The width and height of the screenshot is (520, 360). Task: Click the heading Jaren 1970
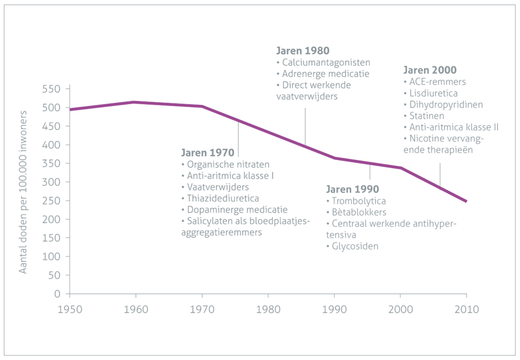208,153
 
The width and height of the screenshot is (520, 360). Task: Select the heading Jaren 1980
303,51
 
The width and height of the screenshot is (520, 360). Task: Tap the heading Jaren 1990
352,189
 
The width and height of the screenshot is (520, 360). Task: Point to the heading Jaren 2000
430,70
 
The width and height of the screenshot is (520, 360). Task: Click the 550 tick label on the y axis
51,89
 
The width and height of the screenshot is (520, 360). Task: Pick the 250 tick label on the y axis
51,201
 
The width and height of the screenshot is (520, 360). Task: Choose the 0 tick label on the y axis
58,294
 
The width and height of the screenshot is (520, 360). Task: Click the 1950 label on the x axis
70,309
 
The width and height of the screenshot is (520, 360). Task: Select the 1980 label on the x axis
268,309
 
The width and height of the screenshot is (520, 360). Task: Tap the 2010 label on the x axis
466,309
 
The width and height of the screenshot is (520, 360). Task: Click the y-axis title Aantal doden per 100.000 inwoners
22,192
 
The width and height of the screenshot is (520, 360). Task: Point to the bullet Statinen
424,116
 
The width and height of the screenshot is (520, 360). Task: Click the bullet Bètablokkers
356,213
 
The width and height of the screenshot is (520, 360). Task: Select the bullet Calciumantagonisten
323,62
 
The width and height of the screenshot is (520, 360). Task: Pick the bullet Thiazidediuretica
220,198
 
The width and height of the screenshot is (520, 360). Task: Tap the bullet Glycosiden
352,246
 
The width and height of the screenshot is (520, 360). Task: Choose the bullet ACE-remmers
435,82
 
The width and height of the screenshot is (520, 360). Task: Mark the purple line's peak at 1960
134,102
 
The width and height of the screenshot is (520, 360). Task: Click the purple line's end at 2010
466,201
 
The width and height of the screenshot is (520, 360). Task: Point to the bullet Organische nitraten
226,165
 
